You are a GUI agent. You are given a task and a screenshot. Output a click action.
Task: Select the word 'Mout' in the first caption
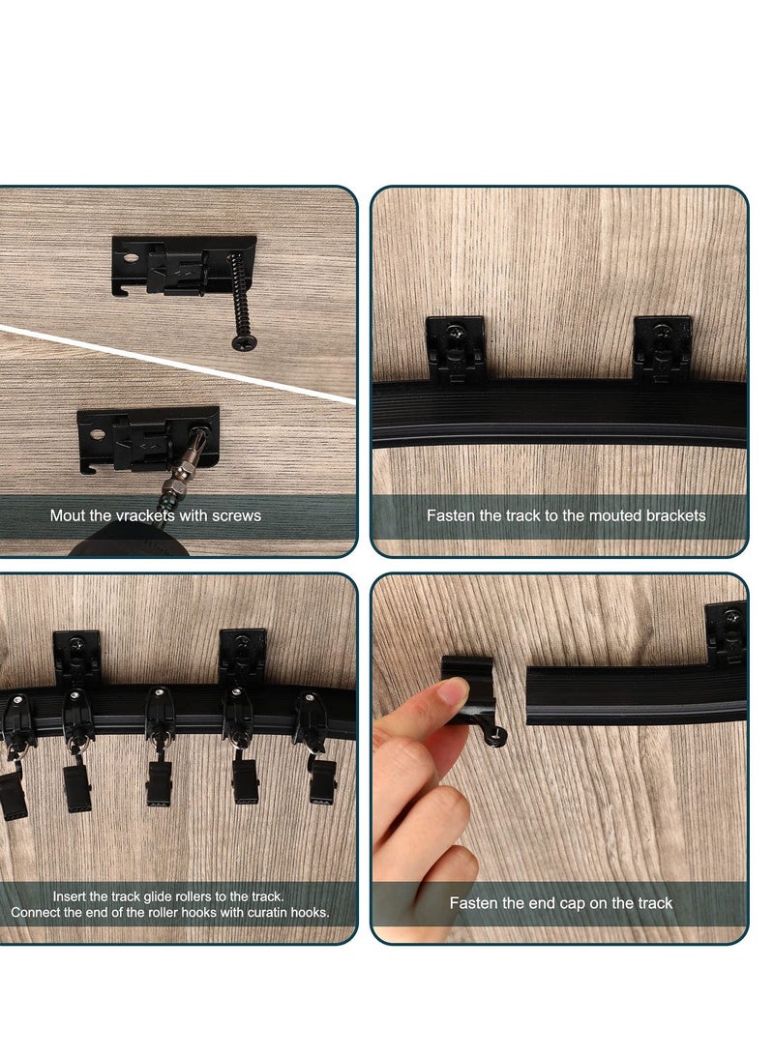67,515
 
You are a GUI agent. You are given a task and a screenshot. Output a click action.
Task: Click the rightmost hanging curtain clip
322,778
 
